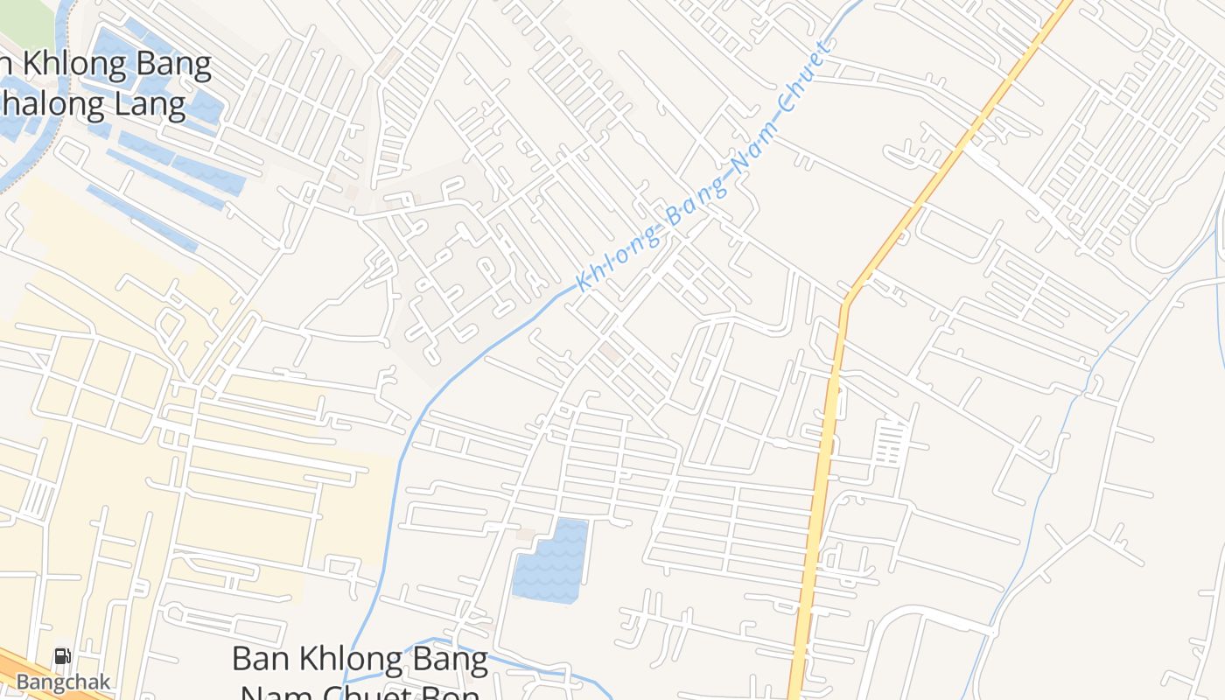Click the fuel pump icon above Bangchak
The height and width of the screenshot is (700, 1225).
point(62,656)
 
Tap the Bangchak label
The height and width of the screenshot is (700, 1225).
point(62,682)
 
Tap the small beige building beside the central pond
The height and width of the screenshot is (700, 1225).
point(525,533)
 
